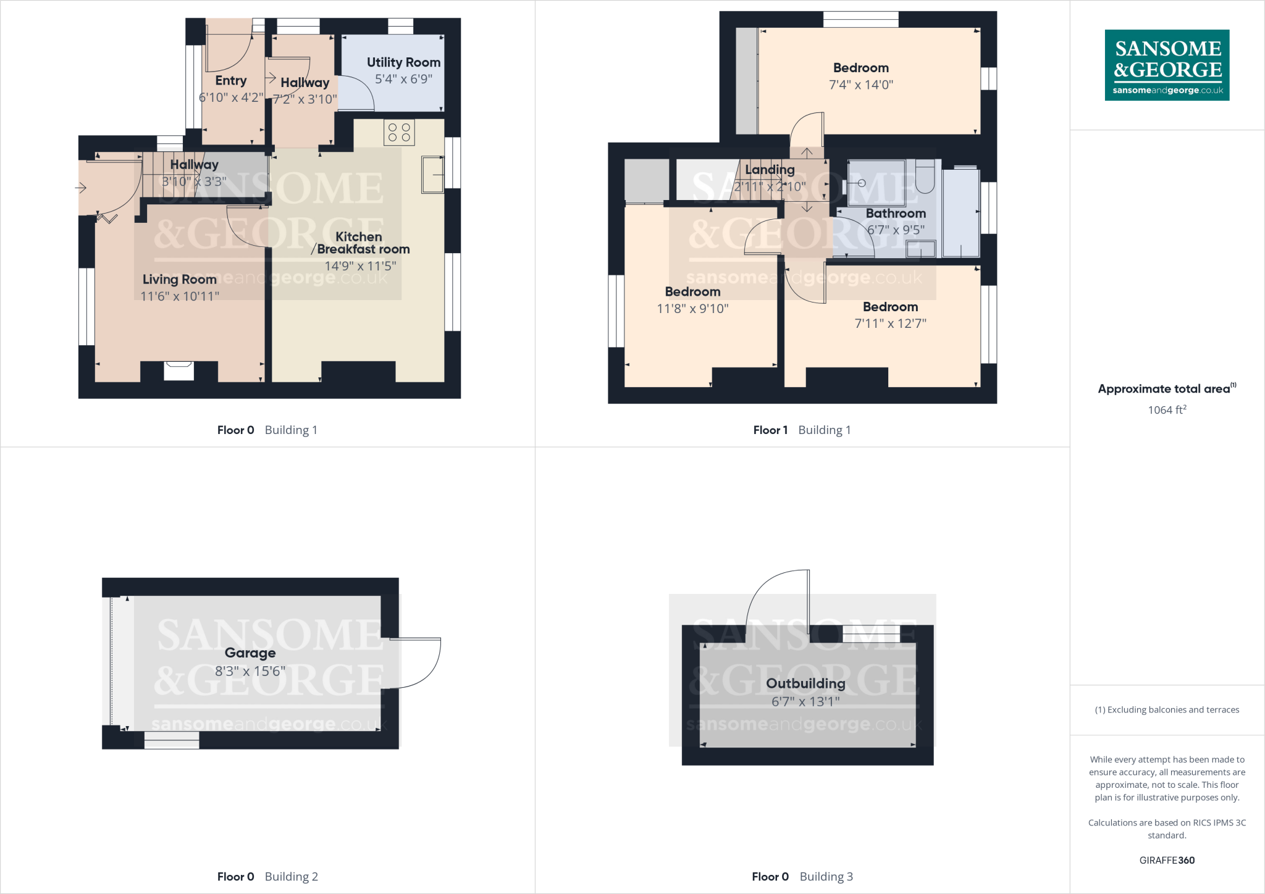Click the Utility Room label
tap(403, 62)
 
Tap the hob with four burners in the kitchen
tap(399, 133)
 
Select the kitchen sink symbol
tap(432, 175)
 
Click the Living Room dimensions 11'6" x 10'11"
tap(180, 296)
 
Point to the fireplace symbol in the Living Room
tap(179, 370)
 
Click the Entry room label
tap(231, 81)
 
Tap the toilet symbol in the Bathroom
tap(925, 176)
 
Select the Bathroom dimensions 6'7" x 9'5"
tap(896, 230)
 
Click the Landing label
tap(770, 170)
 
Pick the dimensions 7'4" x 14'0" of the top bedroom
tap(861, 85)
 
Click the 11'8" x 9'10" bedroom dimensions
tap(692, 309)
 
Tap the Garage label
tap(250, 653)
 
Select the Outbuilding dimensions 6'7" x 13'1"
tap(805, 702)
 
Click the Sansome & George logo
tap(1167, 65)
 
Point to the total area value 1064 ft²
tap(1167, 410)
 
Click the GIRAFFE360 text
tap(1167, 860)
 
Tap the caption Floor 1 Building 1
tap(802, 430)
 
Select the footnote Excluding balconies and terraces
tap(1167, 710)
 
